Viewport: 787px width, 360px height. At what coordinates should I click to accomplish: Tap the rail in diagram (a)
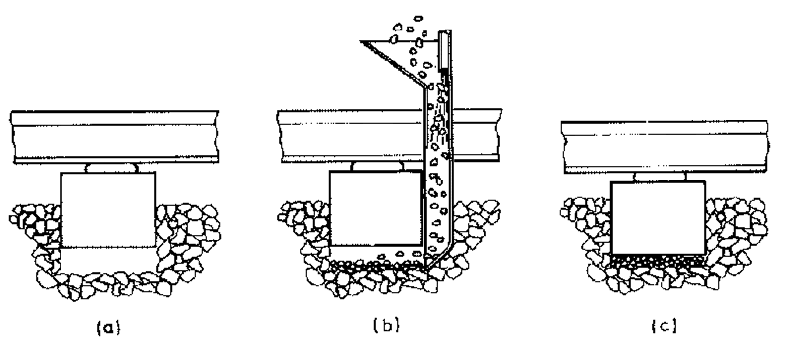click(x=114, y=137)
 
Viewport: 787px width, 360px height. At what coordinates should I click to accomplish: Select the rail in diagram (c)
click(x=664, y=147)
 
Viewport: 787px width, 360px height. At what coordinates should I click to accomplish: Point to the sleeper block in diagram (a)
click(x=108, y=209)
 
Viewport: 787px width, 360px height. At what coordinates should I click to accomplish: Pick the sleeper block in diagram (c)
click(x=658, y=217)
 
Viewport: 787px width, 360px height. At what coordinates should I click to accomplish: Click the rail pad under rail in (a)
click(x=111, y=168)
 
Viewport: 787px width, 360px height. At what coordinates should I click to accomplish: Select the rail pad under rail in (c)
click(x=659, y=177)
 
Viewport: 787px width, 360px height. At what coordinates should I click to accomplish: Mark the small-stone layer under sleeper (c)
click(x=657, y=260)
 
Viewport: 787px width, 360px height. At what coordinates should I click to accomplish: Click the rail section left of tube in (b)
click(x=349, y=137)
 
